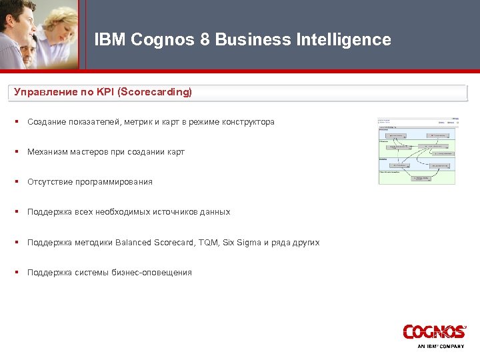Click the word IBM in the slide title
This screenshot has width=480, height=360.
coord(110,40)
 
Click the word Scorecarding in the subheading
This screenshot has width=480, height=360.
coord(155,92)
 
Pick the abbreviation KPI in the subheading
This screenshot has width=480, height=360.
coord(104,92)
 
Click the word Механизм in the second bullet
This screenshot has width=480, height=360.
coord(48,152)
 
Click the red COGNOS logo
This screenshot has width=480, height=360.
coord(434,331)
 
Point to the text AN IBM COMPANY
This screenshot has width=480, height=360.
coord(441,347)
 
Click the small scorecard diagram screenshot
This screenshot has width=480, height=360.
coord(417,151)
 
